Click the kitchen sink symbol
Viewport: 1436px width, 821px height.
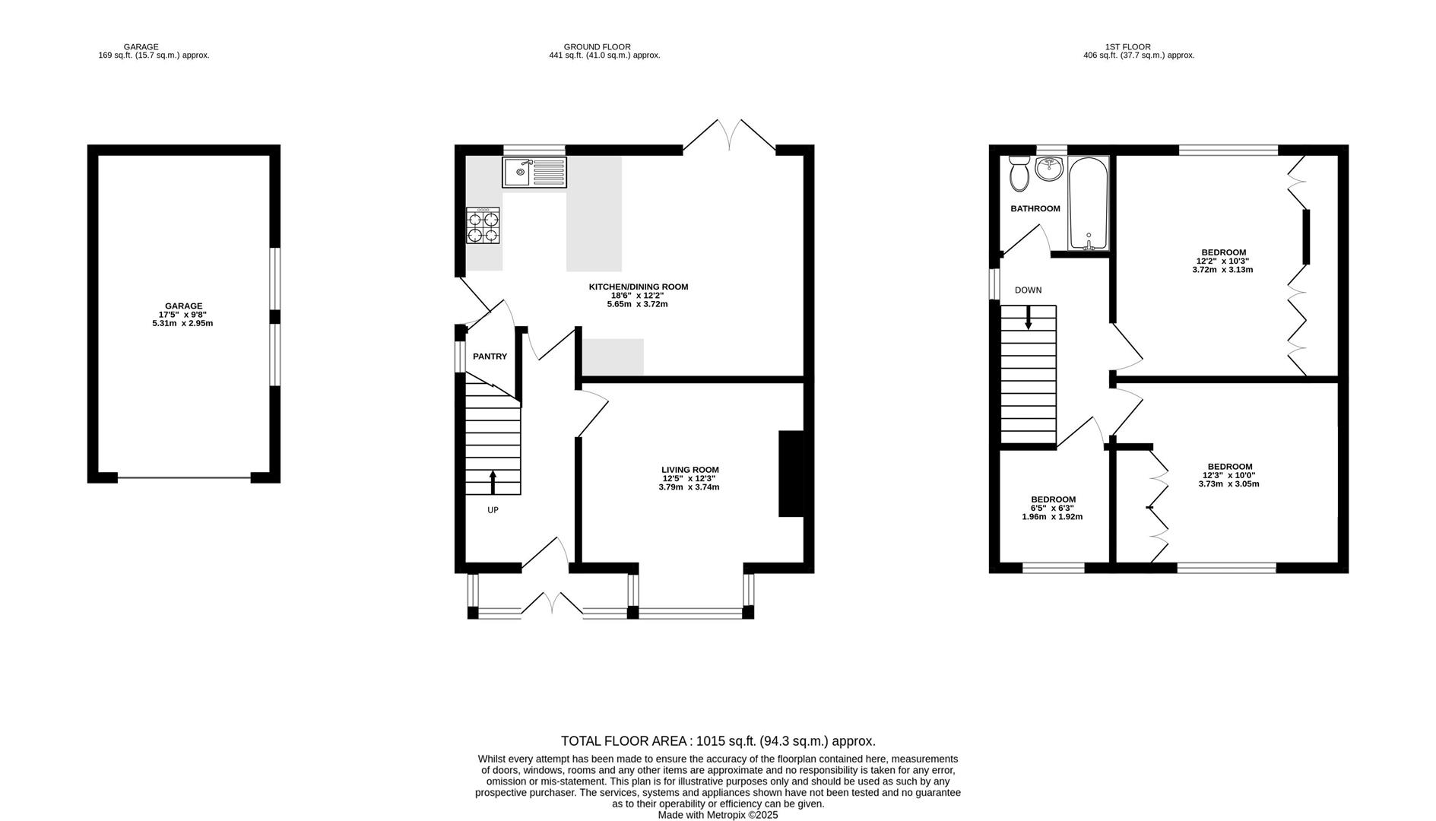tap(534, 173)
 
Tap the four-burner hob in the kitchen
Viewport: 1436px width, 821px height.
tap(483, 226)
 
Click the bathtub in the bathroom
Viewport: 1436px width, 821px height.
tap(1089, 204)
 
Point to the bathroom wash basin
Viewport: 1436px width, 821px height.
tap(1049, 168)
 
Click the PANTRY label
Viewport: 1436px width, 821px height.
tap(490, 357)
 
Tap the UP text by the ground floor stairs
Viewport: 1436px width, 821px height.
tap(493, 510)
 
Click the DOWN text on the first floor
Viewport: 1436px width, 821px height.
tap(1028, 290)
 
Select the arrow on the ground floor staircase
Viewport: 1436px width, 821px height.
tap(493, 482)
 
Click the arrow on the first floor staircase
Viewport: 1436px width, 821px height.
tap(1029, 318)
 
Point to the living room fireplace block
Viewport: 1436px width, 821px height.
tap(791, 474)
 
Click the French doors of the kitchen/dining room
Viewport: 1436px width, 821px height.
tap(730, 135)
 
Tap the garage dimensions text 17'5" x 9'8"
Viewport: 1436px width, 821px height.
tap(182, 315)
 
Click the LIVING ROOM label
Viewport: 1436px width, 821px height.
tap(689, 470)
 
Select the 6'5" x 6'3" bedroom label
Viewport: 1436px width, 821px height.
tap(1052, 508)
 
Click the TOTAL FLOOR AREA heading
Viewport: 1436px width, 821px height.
tap(718, 741)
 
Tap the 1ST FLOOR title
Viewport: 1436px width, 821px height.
tap(1127, 47)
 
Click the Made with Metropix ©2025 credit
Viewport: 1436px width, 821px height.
tap(718, 815)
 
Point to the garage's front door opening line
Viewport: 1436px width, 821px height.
tap(184, 478)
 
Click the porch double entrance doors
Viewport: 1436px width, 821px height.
tap(553, 603)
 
